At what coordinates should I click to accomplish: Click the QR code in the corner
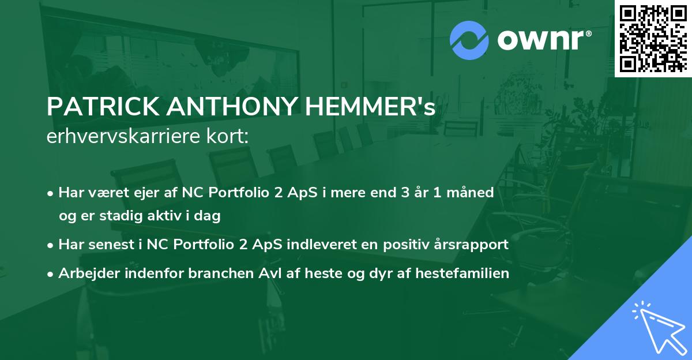pos(653,38)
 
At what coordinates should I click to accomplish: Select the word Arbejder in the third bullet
pos(85,273)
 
